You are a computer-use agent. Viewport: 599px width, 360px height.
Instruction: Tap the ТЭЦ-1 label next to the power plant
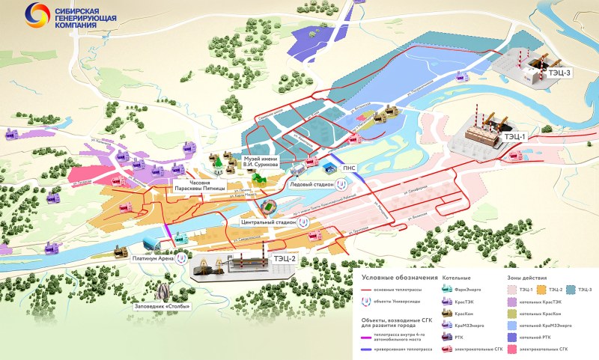(514, 137)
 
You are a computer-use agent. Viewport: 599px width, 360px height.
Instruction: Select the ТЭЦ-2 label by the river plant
(285, 259)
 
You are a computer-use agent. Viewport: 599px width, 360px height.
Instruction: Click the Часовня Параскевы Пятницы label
(199, 186)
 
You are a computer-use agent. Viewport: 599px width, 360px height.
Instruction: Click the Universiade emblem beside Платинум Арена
(180, 259)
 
